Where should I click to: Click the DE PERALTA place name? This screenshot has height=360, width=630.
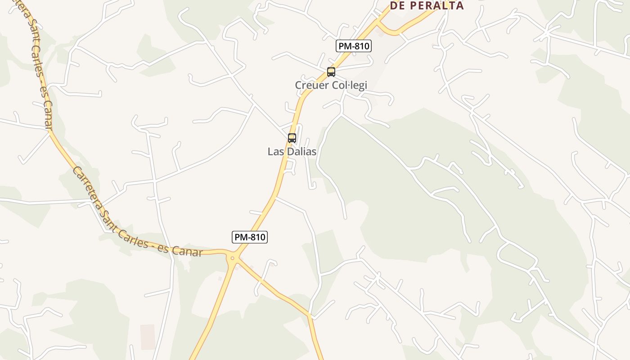point(427,5)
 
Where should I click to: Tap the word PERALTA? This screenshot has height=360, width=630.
point(436,5)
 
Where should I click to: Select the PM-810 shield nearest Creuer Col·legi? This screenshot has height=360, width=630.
point(354,46)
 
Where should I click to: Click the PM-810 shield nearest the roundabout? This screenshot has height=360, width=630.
point(250,237)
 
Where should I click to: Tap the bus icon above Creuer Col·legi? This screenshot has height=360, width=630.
point(331,72)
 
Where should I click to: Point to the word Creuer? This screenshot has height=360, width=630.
point(311,85)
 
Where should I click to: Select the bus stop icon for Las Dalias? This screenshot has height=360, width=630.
point(292,138)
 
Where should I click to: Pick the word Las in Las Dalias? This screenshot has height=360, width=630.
point(275,152)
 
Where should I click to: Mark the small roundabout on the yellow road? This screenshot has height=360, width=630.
point(233,258)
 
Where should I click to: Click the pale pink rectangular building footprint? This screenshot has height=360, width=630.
point(148,337)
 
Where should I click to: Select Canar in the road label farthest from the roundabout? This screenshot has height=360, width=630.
point(48,116)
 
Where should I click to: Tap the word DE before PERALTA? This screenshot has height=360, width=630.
point(397,5)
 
